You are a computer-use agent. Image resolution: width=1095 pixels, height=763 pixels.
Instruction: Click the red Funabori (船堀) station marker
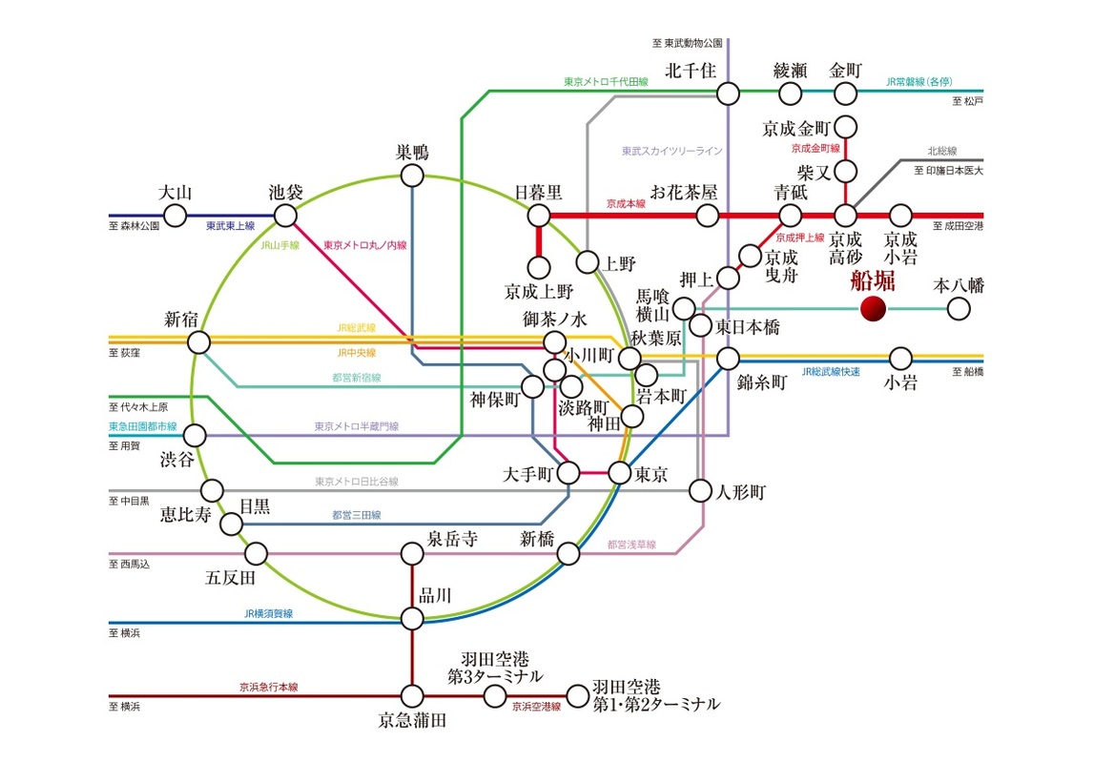tap(873, 308)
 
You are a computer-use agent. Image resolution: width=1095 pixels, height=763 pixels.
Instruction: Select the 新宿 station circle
tap(198, 341)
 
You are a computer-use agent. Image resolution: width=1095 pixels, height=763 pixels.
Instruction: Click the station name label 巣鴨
tap(412, 153)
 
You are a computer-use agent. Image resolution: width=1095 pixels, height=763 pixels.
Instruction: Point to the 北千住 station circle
tap(728, 93)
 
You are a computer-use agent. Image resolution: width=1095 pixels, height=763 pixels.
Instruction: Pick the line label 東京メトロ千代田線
tap(606, 83)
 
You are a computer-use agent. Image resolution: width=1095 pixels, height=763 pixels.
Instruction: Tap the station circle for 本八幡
tap(958, 308)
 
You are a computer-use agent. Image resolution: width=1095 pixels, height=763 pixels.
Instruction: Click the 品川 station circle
tap(412, 619)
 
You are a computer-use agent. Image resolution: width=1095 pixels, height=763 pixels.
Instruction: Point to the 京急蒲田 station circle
tap(412, 696)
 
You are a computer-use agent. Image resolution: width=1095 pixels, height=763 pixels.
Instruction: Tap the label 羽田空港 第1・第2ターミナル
tap(655, 696)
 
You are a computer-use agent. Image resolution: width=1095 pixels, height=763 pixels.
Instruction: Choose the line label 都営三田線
tap(357, 515)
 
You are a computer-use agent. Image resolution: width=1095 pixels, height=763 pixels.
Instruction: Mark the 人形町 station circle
tap(701, 491)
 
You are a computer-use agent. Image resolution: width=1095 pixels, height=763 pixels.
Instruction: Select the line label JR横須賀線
tap(268, 613)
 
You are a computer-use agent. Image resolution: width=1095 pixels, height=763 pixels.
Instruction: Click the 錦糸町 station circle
tap(729, 359)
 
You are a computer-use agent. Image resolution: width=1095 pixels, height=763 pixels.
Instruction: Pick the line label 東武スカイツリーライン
tap(671, 151)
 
